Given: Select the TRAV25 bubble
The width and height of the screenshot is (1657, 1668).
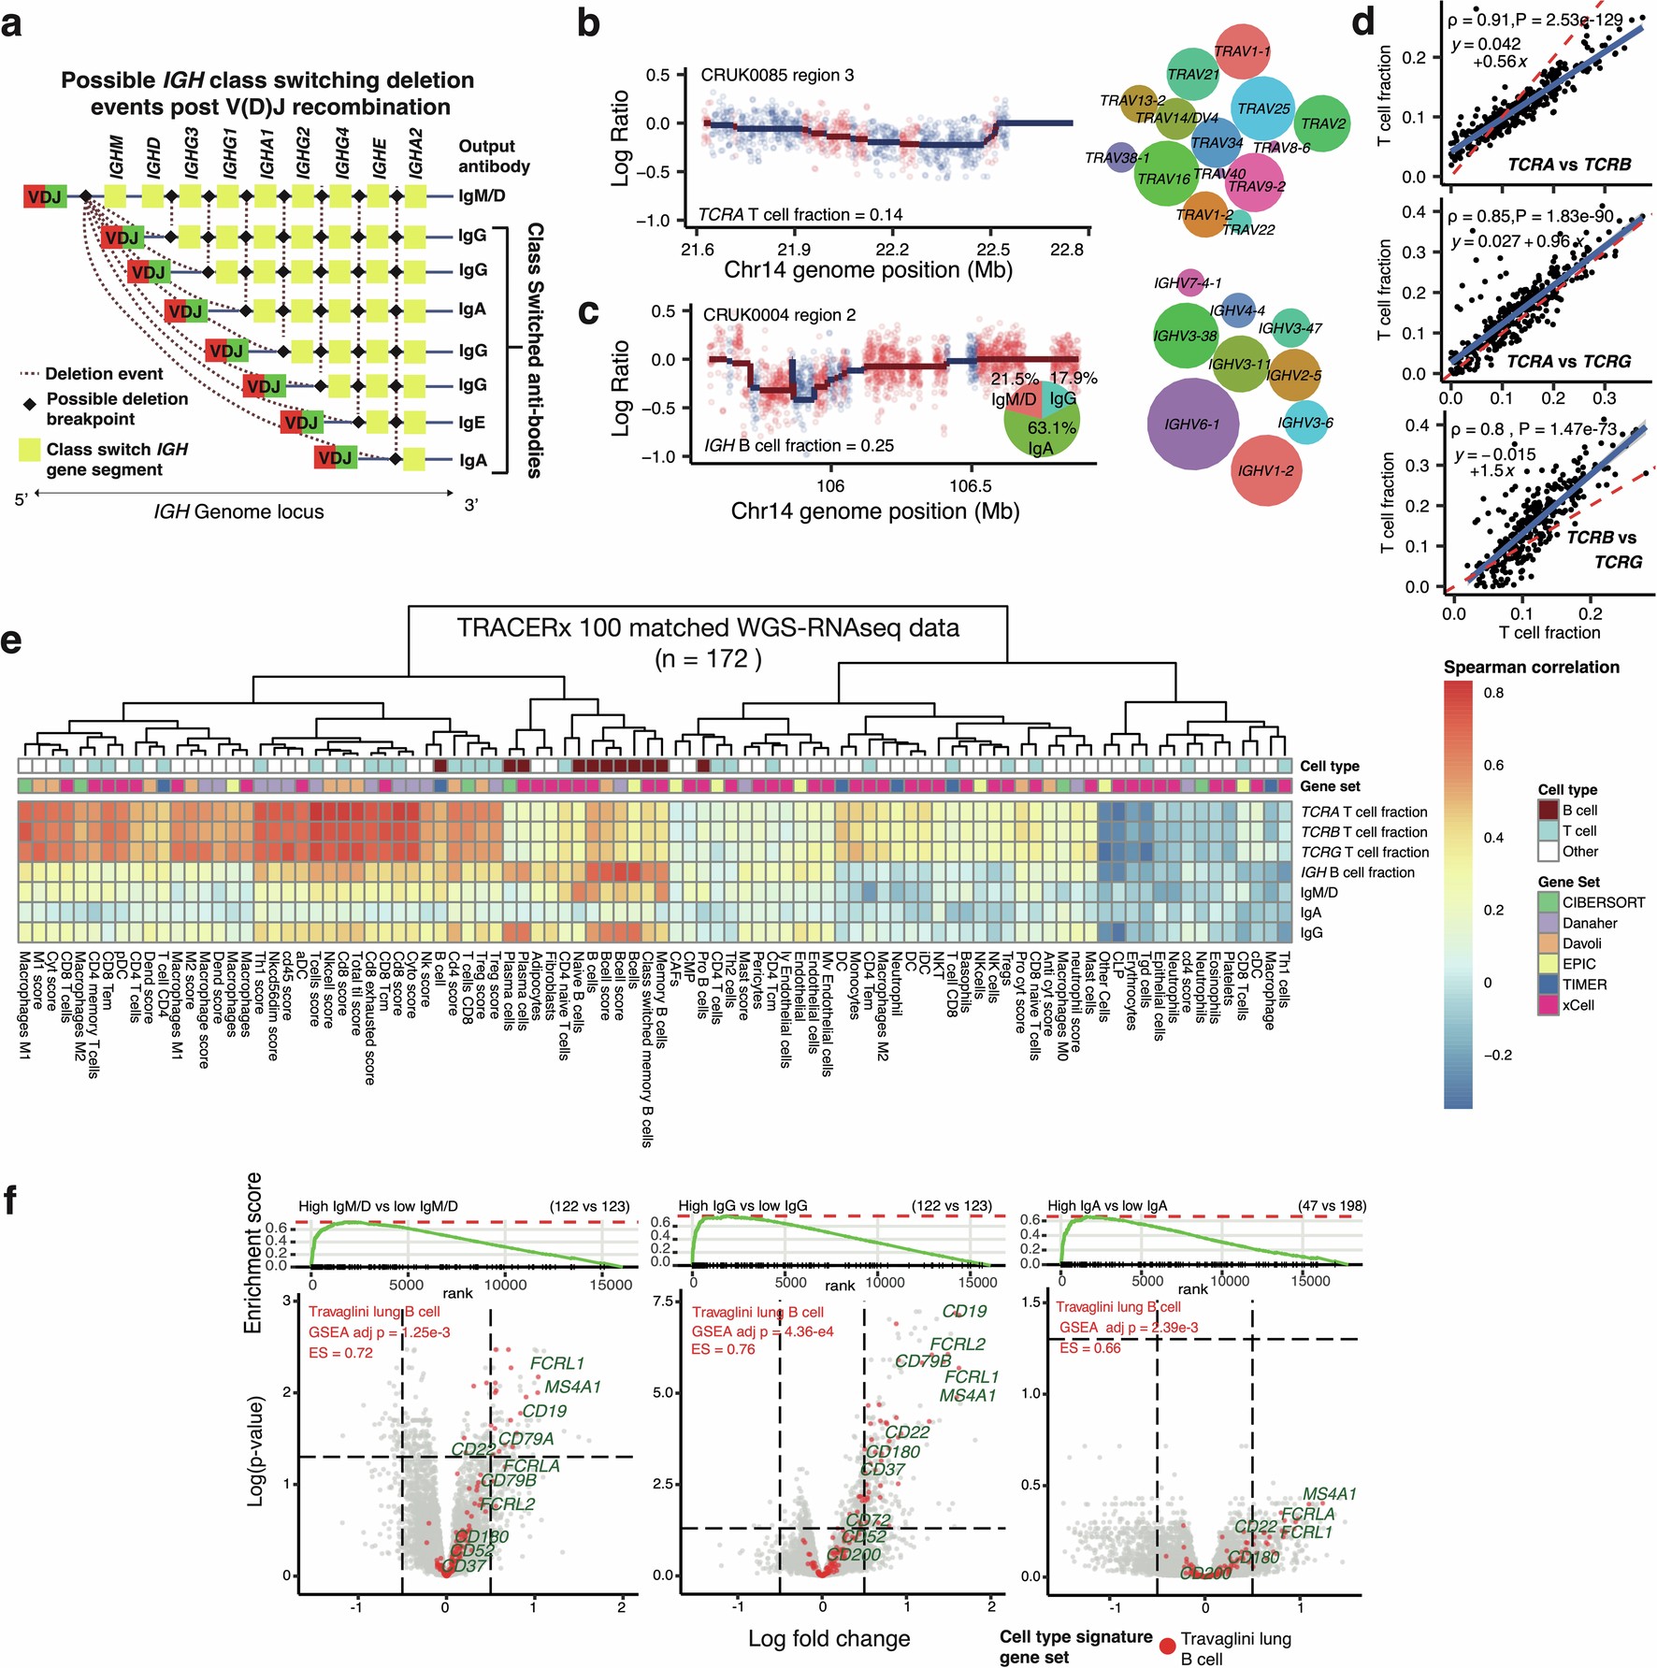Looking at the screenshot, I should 1262,108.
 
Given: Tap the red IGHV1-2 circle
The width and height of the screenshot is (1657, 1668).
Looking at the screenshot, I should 1266,470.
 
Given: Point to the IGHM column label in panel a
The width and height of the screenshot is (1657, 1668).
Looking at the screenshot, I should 117,156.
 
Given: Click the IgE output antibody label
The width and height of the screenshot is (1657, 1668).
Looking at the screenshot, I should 472,422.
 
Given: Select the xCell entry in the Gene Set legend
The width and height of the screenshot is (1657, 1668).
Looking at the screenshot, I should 1578,1005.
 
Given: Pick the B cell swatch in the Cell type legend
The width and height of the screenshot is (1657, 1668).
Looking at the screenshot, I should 1549,810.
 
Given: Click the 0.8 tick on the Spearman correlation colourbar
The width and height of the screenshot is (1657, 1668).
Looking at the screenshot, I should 1493,693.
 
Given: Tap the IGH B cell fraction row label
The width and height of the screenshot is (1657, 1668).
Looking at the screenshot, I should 1358,872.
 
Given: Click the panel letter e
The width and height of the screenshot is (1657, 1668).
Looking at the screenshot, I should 11,642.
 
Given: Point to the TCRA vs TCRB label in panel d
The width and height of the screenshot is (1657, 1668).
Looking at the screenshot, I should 1569,165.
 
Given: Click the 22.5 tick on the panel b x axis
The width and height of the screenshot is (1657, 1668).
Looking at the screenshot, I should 992,250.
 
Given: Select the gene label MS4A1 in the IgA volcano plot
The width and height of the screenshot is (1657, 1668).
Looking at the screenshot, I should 1329,1494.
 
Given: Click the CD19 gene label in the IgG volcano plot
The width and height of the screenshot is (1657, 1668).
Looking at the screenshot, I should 964,1311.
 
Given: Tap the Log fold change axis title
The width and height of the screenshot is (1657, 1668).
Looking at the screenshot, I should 828,1638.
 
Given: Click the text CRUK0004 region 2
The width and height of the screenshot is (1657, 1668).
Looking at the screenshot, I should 779,315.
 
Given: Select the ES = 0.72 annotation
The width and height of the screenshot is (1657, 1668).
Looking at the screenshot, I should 340,1352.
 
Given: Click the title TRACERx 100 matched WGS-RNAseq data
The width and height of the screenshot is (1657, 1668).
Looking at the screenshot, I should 708,627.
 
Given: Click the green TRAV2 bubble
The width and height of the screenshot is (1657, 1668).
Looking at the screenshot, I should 1322,123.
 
